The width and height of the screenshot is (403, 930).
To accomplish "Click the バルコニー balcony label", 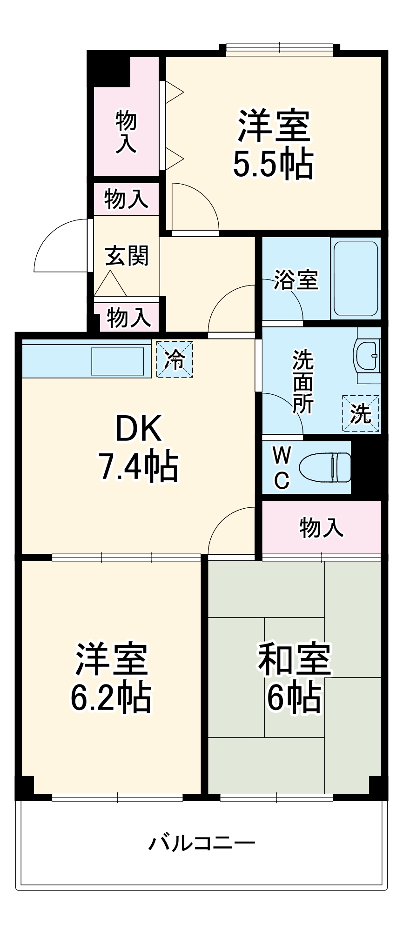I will [201, 843].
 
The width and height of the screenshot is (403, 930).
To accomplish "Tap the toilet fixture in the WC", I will [325, 468].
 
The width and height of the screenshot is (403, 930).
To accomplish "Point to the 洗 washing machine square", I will [361, 413].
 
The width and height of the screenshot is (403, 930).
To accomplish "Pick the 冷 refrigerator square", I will [175, 359].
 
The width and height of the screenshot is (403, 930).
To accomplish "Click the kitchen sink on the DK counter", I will [118, 361].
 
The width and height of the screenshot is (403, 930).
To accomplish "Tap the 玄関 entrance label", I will [126, 256].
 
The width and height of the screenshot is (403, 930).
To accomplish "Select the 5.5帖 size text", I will [273, 164].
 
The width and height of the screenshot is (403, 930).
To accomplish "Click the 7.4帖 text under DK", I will [138, 466].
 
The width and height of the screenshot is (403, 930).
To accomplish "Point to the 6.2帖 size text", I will [111, 697].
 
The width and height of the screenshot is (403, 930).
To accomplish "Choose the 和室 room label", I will [294, 659].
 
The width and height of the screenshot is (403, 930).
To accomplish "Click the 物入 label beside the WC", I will [322, 528].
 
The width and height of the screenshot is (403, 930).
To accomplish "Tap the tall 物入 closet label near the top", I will [126, 132].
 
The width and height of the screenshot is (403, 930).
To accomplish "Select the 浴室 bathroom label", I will [296, 279].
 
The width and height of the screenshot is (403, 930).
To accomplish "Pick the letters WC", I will [282, 467].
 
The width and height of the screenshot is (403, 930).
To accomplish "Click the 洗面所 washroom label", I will [303, 381].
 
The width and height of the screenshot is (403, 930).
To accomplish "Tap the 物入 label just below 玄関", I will [129, 318].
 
